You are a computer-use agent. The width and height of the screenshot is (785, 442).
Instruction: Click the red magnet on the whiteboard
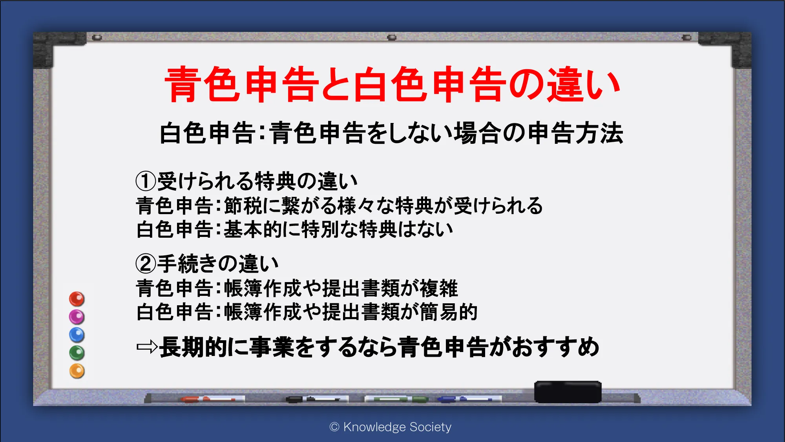pyautogui.click(x=77, y=299)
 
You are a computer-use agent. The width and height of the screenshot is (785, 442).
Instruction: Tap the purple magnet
pyautogui.click(x=77, y=317)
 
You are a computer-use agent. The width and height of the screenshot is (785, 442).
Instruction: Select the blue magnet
pyautogui.click(x=77, y=335)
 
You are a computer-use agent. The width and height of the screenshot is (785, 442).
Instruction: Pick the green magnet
pyautogui.click(x=77, y=353)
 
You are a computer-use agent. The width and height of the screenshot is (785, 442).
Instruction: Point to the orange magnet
pyautogui.click(x=77, y=371)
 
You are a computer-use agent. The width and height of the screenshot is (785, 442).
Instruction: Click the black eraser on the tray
pyautogui.click(x=568, y=392)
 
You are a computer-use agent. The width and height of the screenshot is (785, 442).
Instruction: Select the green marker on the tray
pyautogui.click(x=396, y=399)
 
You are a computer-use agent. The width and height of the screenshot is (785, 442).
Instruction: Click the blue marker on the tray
pyautogui.click(x=469, y=399)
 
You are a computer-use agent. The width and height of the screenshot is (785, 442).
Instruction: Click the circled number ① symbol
pyautogui.click(x=146, y=181)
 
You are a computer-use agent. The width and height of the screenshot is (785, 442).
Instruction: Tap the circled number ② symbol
pyautogui.click(x=146, y=264)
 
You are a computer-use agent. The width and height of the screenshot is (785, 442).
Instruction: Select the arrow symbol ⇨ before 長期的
pyautogui.click(x=147, y=347)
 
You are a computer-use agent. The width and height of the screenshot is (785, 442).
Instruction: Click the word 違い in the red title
pyautogui.click(x=583, y=84)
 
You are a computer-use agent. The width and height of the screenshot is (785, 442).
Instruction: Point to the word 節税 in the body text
pyautogui.click(x=243, y=205)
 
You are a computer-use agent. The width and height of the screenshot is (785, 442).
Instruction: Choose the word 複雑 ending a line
pyautogui.click(x=439, y=288)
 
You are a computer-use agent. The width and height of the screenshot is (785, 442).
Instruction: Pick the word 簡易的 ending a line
pyautogui.click(x=449, y=312)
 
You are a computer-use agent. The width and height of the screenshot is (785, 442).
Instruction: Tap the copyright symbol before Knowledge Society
pyautogui.click(x=334, y=427)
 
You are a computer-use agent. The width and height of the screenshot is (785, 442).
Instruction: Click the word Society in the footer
pyautogui.click(x=430, y=427)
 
